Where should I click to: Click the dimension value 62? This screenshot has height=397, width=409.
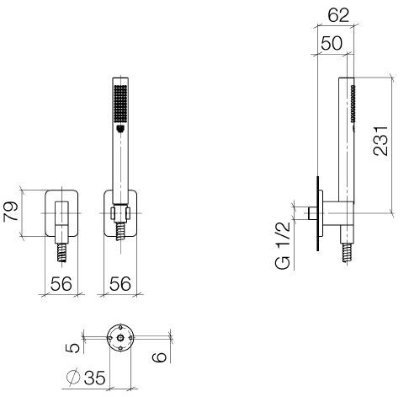(338, 15)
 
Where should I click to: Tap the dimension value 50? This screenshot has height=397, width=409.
(332, 43)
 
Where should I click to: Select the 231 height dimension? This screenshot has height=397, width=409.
(380, 141)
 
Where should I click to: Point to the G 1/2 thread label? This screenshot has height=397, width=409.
(283, 245)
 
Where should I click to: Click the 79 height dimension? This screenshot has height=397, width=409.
(11, 212)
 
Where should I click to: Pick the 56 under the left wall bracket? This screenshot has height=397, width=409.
(61, 283)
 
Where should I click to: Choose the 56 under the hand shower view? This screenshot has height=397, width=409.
(120, 283)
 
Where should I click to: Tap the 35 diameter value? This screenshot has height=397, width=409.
(94, 378)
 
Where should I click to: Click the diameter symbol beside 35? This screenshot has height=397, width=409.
(73, 377)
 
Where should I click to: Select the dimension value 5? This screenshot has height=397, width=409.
(72, 348)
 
